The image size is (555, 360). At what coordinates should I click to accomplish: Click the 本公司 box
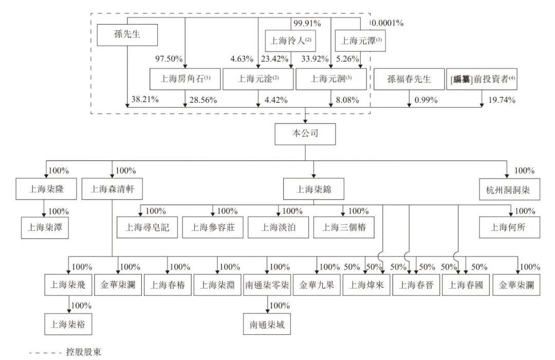click(305, 134)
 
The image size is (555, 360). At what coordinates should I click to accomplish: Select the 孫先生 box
click(127, 35)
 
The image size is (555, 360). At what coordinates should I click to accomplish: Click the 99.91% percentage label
click(307, 23)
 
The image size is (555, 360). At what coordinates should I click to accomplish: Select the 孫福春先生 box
click(409, 79)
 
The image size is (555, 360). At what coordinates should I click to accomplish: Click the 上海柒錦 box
click(313, 189)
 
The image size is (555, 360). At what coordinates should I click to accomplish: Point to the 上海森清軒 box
click(113, 189)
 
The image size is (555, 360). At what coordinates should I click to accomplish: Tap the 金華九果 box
click(317, 285)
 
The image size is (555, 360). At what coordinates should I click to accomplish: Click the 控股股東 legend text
click(83, 352)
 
